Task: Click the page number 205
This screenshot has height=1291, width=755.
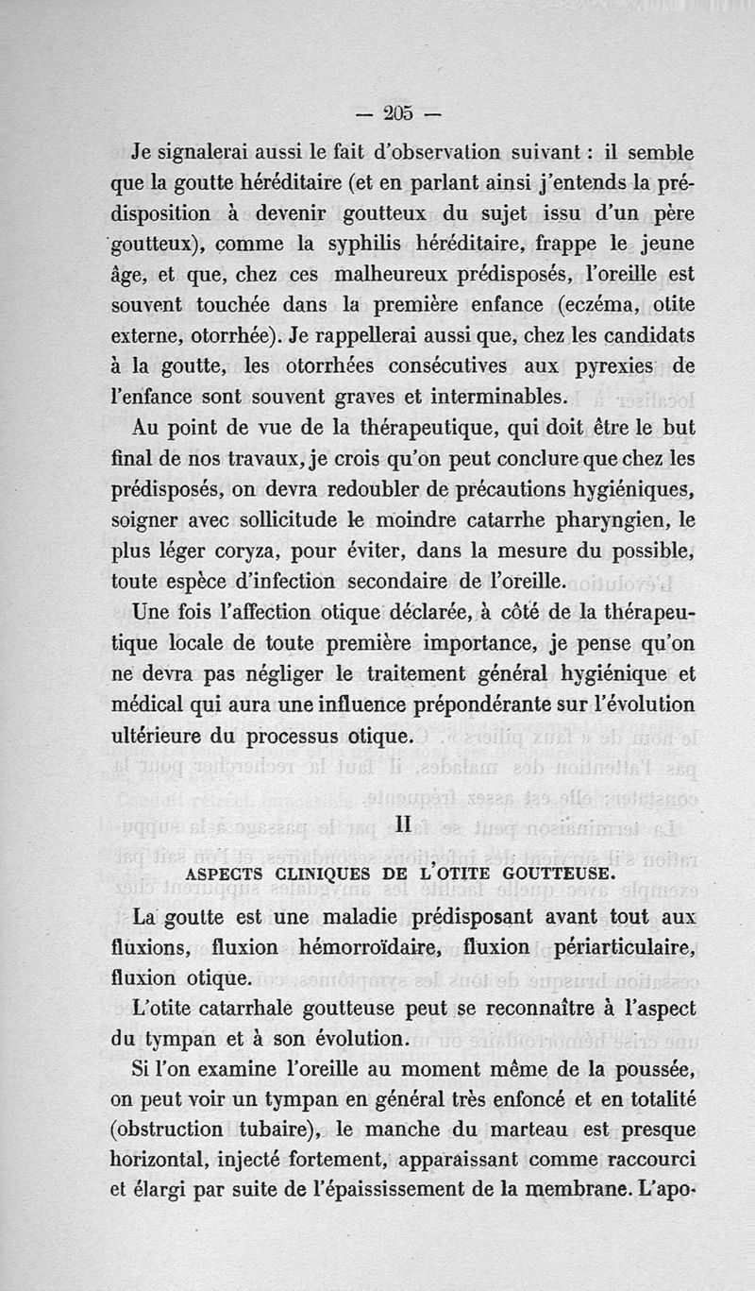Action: pyautogui.click(x=400, y=112)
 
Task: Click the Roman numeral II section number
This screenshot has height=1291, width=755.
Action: pyautogui.click(x=402, y=824)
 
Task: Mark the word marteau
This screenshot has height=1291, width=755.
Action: pyautogui.click(x=560, y=1130)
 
